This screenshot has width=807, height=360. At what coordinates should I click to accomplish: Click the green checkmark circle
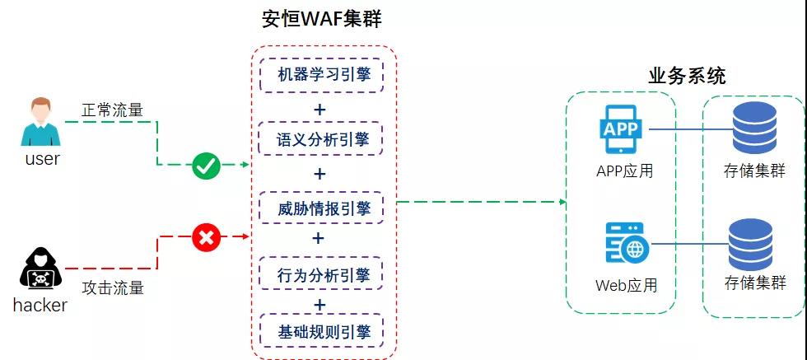tap(205, 166)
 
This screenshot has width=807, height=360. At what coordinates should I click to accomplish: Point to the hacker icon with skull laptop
tap(39, 269)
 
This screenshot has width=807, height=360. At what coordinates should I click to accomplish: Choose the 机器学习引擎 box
tap(323, 75)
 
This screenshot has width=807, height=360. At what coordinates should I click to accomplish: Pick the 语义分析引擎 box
tap(323, 140)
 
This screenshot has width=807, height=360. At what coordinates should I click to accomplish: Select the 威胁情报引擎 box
tap(323, 208)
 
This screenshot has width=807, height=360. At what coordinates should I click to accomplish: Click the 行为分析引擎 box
tap(323, 274)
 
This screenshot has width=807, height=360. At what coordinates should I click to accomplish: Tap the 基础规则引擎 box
tap(323, 331)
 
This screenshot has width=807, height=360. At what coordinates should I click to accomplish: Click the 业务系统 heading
tap(687, 77)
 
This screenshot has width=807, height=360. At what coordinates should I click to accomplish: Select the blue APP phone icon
tap(621, 129)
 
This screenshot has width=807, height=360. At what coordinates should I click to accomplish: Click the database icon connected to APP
tap(753, 130)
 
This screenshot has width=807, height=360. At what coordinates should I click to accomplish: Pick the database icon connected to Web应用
tap(750, 244)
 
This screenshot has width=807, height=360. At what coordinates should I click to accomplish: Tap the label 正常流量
tap(113, 109)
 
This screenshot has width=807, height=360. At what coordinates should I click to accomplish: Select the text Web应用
tap(626, 286)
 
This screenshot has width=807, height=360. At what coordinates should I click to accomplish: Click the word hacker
tap(40, 306)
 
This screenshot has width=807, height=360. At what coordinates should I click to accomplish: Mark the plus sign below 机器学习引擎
tap(320, 109)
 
